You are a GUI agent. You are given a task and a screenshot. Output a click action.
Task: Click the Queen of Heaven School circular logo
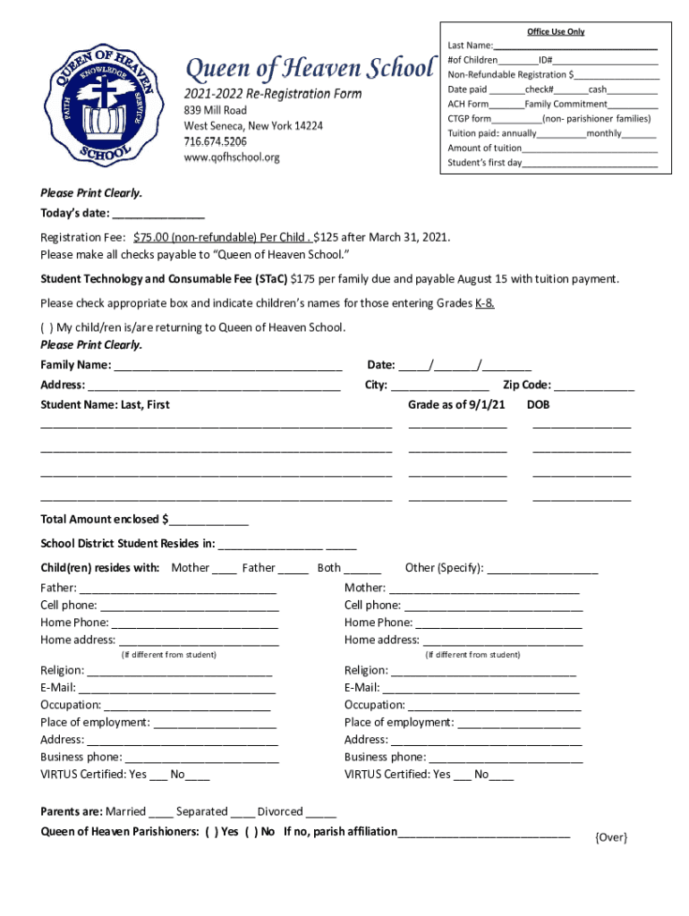[106, 105]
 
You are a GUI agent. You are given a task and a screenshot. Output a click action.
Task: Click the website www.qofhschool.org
[232, 157]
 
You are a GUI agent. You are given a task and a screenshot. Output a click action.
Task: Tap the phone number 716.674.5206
[216, 142]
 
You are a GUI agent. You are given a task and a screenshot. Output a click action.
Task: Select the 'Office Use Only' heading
[555, 31]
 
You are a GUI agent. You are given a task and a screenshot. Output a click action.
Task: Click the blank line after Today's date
[158, 215]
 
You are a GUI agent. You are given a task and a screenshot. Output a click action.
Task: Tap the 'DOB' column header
[539, 405]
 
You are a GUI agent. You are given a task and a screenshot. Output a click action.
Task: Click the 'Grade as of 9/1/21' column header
[456, 405]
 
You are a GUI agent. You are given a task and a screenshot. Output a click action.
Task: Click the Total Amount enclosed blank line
[208, 521]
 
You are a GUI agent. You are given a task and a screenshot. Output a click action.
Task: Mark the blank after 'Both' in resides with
[362, 569]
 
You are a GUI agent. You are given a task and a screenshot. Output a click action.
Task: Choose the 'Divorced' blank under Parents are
[321, 813]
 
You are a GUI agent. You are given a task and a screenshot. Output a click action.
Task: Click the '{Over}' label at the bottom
[611, 837]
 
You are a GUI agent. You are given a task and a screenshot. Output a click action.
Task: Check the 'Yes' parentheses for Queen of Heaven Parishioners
[212, 832]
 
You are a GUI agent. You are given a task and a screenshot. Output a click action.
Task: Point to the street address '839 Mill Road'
[215, 110]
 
